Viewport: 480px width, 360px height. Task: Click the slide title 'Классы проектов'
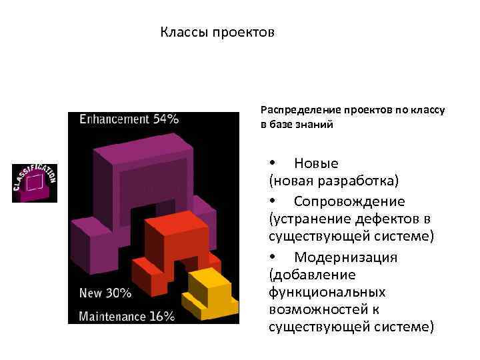217,32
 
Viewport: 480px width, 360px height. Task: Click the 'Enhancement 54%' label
129,119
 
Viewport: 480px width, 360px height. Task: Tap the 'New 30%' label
105,293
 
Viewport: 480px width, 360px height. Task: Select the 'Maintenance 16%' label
126,315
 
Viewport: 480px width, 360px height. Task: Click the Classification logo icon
35,182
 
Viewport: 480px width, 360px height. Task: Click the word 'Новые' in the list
316,163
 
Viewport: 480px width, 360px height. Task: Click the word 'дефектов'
384,219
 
